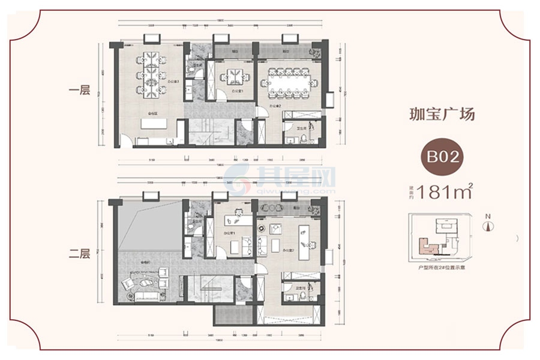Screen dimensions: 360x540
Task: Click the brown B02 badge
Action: pyautogui.click(x=443, y=158)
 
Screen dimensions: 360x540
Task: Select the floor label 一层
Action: pyautogui.click(x=79, y=92)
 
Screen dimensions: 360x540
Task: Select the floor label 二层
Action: pyautogui.click(x=79, y=254)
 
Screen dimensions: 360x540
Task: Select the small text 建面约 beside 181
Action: pyautogui.click(x=411, y=193)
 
